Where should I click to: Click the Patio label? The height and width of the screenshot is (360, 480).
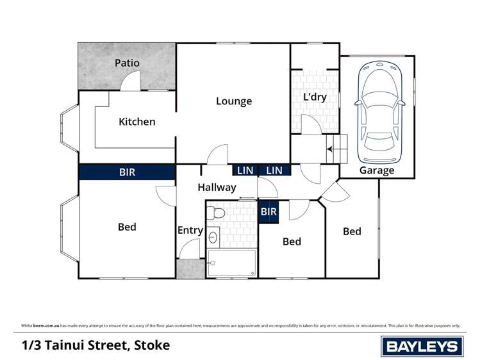click(127, 63)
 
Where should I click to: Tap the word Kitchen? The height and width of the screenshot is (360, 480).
click(137, 122)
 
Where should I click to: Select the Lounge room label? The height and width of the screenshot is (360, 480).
click(234, 101)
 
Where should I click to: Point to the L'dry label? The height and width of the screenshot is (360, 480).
click(315, 96)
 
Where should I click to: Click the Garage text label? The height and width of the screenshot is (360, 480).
click(376, 170)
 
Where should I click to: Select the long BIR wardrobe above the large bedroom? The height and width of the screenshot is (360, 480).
click(127, 172)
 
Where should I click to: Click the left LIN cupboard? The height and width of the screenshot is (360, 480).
click(245, 170)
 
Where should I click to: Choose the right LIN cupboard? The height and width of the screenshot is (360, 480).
click(274, 170)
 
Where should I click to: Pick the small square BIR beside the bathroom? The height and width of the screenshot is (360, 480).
click(269, 212)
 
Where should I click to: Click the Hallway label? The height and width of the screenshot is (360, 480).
click(217, 188)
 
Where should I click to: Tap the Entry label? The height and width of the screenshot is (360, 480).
click(190, 231)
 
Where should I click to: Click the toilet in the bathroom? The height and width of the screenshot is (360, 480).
click(218, 213)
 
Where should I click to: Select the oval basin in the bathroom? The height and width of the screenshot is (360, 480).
click(213, 238)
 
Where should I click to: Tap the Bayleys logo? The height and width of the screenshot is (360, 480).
click(421, 347)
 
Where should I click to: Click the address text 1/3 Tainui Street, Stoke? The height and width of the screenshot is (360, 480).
click(95, 345)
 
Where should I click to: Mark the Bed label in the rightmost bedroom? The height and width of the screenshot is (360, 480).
click(352, 231)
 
